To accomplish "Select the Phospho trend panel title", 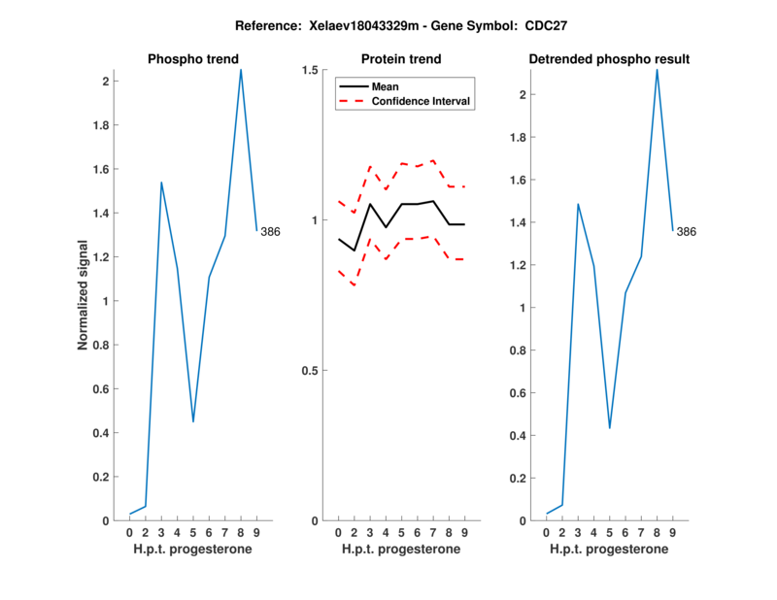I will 192,59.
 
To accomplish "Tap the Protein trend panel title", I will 400,59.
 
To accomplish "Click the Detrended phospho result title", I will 609,59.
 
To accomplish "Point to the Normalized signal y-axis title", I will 84,295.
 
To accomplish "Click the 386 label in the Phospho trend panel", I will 270,231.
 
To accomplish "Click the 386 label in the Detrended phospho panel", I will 687,232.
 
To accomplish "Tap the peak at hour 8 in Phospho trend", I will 241,69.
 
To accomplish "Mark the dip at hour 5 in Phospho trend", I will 193,421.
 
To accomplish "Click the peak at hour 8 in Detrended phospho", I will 658,69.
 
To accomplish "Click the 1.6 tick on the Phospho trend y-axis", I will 105,169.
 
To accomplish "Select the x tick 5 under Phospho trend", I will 193,533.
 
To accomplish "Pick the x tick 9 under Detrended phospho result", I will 673,533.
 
